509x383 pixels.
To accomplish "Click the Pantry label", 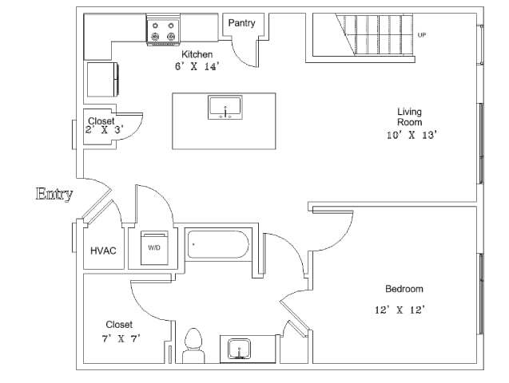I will click(241, 23).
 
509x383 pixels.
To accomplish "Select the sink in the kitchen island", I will click(225, 108).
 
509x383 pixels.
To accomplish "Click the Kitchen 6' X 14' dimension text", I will click(197, 66).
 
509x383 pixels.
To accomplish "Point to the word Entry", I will click(55, 194).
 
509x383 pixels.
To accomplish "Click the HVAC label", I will click(103, 251).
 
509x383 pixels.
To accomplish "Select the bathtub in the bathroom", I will click(218, 244).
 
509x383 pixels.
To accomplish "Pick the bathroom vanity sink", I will click(239, 349).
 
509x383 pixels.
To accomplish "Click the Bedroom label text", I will click(404, 289).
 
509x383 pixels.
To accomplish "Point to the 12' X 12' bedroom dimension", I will click(404, 310).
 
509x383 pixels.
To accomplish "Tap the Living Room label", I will click(410, 117).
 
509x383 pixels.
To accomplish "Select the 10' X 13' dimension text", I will click(410, 135).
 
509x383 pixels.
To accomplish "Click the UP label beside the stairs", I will click(421, 35).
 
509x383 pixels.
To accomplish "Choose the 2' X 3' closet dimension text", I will click(104, 129).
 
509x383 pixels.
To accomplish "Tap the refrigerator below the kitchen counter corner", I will click(101, 78).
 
